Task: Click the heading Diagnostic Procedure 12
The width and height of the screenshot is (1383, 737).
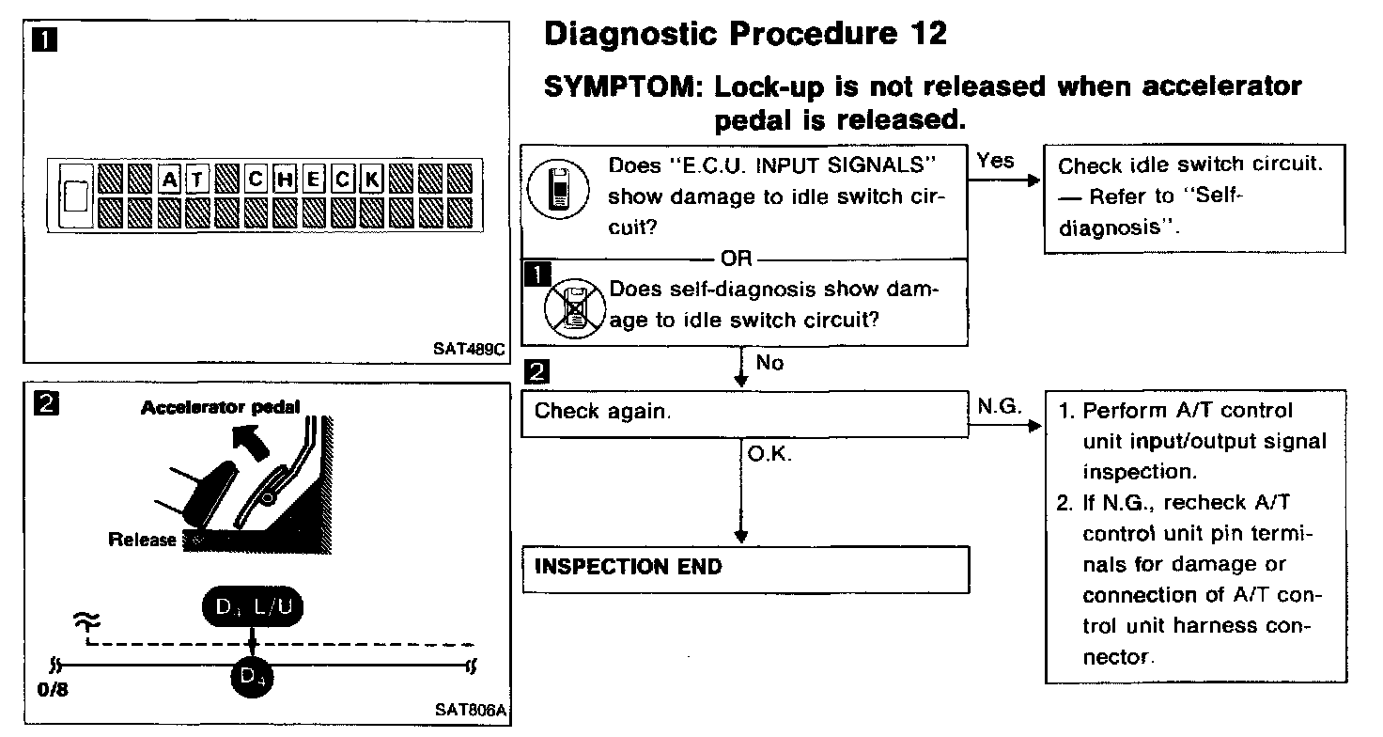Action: tap(746, 35)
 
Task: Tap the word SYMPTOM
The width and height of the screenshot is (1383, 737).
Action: tap(624, 87)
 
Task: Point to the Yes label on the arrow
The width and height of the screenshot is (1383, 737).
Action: tap(995, 161)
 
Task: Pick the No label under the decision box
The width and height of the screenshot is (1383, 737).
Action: tap(769, 363)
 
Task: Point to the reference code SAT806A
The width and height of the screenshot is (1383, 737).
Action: tap(471, 709)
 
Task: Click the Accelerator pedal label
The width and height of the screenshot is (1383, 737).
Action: tap(221, 407)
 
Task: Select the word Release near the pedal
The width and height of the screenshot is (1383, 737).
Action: tap(143, 540)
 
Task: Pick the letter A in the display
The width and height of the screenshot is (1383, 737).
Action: tap(169, 176)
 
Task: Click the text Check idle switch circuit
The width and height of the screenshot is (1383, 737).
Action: tap(1190, 166)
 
